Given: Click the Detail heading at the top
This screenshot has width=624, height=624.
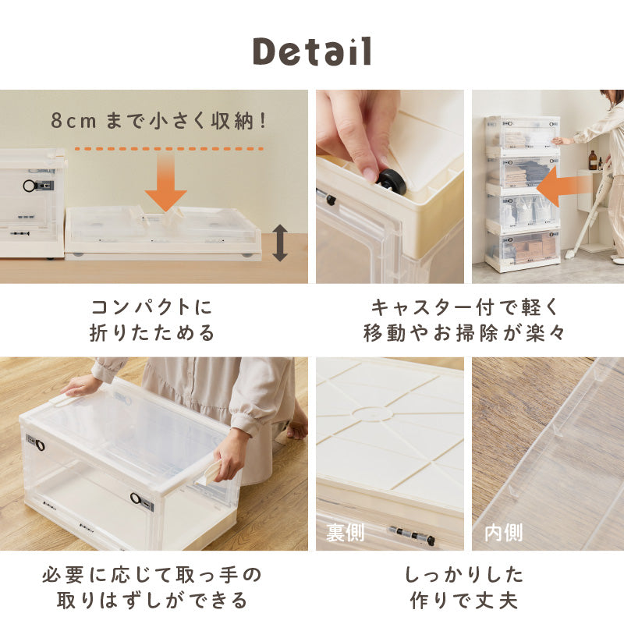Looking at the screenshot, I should [312, 51].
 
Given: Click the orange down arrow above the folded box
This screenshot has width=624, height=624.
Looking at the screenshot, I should [165, 184].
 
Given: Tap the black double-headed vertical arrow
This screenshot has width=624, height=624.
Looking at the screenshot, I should [279, 243].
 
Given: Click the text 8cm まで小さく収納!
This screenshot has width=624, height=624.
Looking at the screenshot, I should [160, 121].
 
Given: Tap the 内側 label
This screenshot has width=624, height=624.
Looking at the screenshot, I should [504, 534].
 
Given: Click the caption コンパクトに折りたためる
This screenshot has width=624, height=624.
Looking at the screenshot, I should [152, 320].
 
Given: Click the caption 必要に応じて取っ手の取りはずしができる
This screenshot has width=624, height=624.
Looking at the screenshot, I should [152, 588].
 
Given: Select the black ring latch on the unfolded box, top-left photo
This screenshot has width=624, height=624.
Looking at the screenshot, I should [30, 186].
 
